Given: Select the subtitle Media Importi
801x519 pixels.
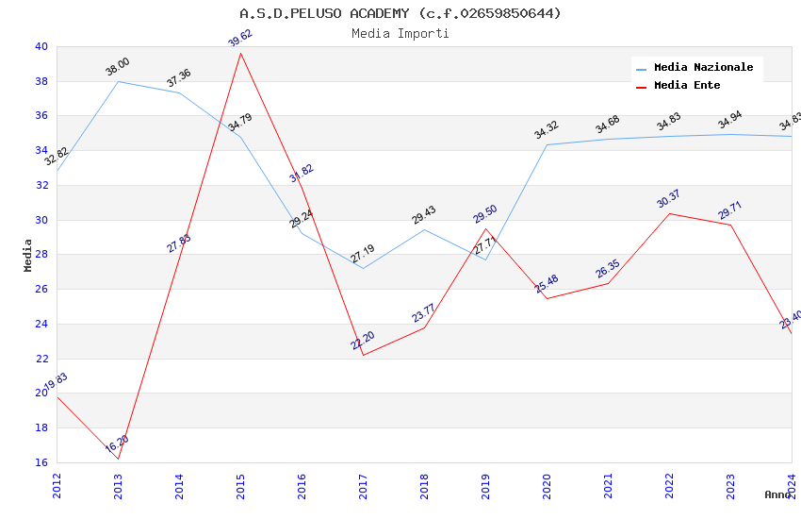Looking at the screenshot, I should tap(400, 34).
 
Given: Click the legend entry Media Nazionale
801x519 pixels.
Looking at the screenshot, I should tap(703, 68).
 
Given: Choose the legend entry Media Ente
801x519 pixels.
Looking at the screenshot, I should tap(687, 86).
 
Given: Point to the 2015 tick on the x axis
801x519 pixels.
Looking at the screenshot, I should tap(240, 486).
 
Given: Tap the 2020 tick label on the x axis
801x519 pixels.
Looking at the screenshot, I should tap(547, 486).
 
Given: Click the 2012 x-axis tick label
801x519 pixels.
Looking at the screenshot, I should tap(57, 486).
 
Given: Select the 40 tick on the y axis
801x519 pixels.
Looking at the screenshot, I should tap(41, 46).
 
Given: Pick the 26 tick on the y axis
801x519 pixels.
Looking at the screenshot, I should tap(41, 290).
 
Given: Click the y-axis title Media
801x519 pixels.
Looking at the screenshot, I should tap(28, 255).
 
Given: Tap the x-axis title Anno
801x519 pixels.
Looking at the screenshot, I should tap(777, 494).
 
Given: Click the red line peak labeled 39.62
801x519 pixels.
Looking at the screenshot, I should tap(240, 53).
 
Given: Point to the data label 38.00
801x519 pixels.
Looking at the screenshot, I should tap(118, 67).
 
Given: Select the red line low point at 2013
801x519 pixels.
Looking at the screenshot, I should tap(118, 459).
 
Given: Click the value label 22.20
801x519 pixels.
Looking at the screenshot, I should tap(363, 341).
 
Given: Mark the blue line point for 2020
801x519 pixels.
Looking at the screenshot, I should tap(547, 144).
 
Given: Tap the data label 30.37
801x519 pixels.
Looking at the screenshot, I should tap(668, 199).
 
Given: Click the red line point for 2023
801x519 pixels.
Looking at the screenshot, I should tap(730, 225).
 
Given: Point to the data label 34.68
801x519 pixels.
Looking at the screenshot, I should tap(608, 125).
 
